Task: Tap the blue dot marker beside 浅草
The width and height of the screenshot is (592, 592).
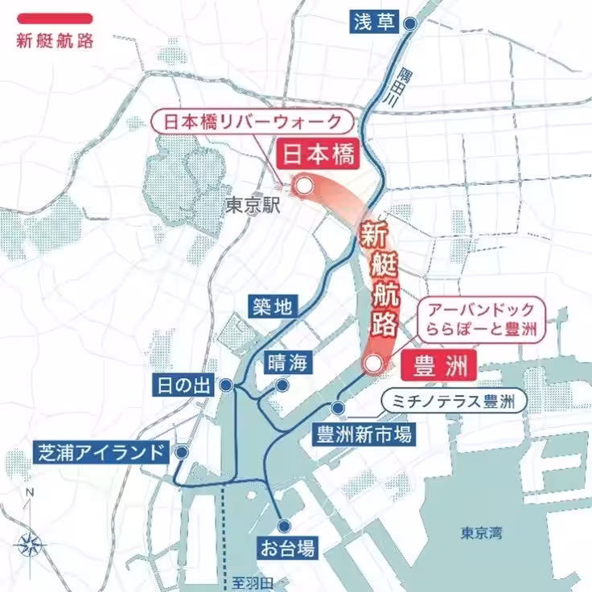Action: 409,24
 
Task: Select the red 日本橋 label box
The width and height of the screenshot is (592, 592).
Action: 317,155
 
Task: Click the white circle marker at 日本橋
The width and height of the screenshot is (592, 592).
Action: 303,187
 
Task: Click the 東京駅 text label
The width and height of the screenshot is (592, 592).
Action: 252,206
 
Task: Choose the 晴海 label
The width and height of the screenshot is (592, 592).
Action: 287,362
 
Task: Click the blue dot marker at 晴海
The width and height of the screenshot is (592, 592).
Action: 282,385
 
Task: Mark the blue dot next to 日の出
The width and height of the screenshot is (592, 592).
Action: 228,385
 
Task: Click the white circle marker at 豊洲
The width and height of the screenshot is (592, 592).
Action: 371,364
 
